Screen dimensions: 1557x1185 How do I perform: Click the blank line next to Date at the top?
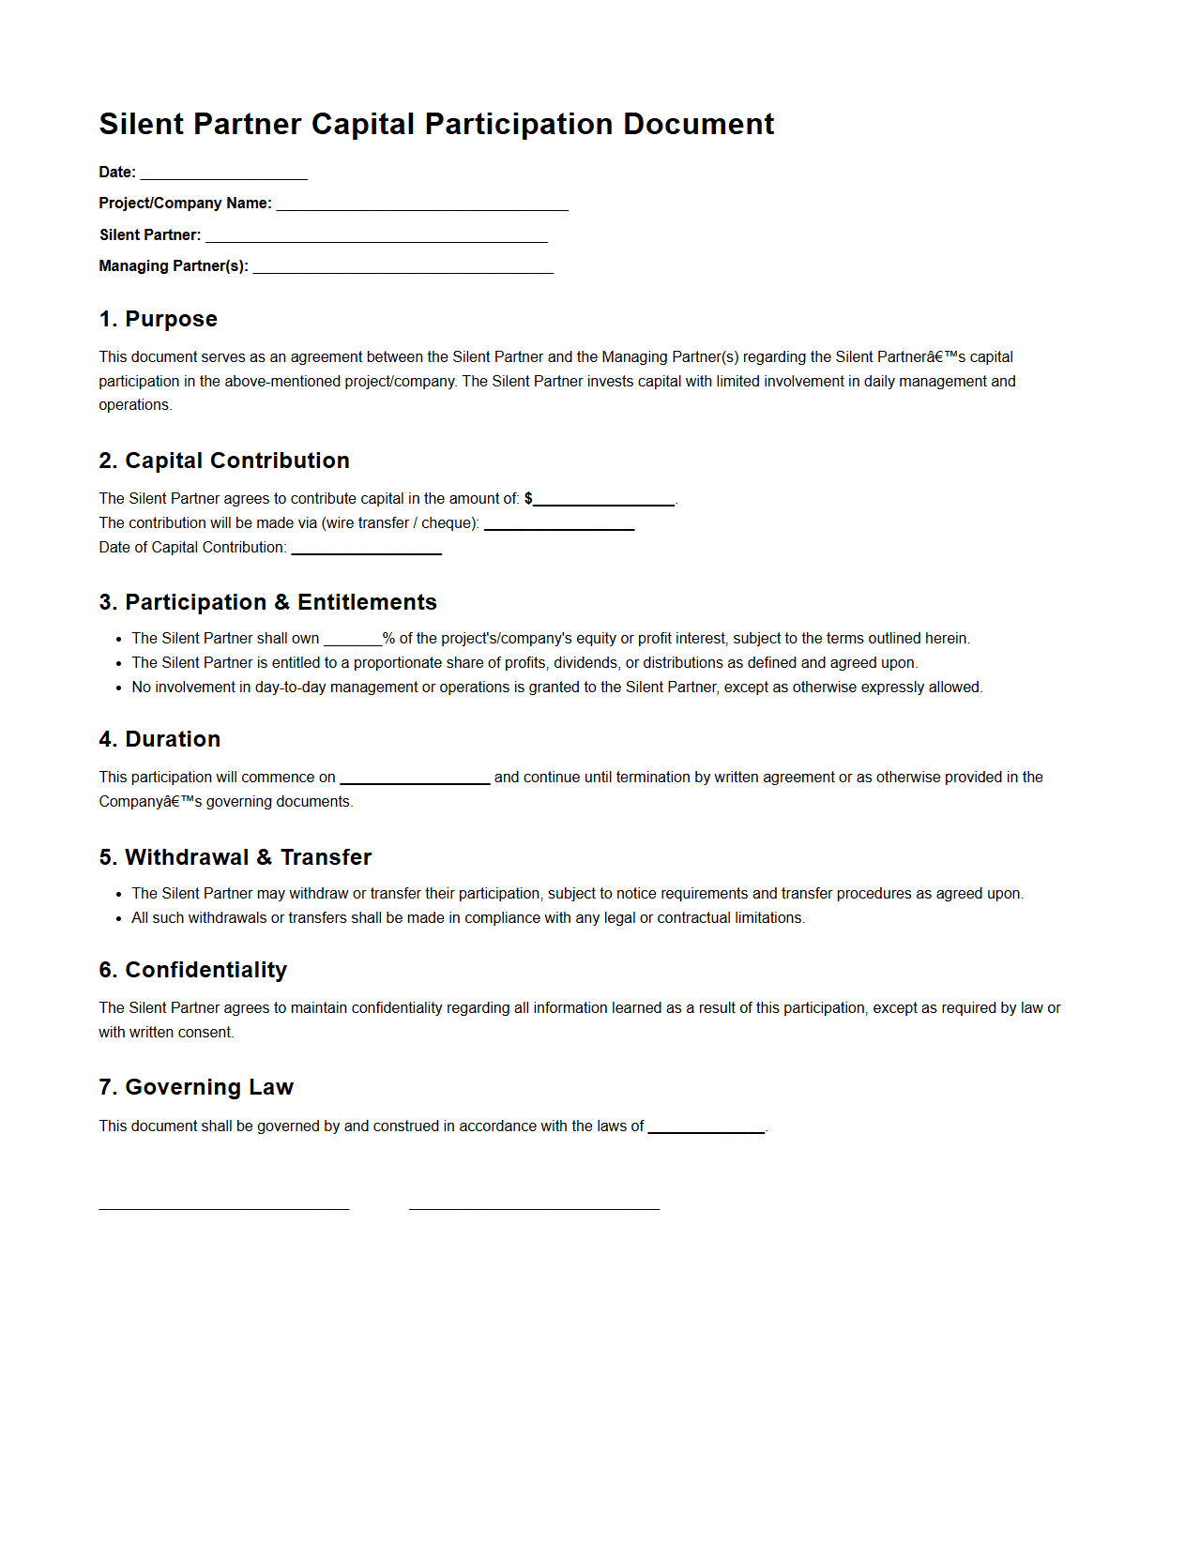[x=223, y=174]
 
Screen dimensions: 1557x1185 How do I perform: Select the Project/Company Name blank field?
[x=422, y=204]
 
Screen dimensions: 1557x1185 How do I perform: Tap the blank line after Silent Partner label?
[x=376, y=236]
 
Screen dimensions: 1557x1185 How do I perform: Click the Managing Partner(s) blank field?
[x=403, y=267]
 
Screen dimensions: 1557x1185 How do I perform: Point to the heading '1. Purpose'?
[x=158, y=319]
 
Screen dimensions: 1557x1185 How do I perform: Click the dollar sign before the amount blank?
[x=528, y=499]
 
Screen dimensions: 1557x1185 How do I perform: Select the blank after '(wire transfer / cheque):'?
[x=559, y=524]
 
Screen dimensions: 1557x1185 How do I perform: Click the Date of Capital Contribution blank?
[x=366, y=549]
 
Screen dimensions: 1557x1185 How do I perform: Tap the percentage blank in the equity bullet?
[x=353, y=640]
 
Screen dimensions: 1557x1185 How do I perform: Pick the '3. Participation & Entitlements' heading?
[x=267, y=602]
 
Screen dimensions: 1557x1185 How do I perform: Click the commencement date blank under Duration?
[x=415, y=778]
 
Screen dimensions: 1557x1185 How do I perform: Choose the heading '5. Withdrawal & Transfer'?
[x=235, y=857]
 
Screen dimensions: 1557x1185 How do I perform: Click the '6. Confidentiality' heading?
[x=192, y=970]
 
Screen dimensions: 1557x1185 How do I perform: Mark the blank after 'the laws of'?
[x=706, y=1127]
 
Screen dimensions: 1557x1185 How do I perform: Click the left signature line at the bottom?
[x=224, y=1207]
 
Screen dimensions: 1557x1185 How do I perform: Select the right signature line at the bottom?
[x=534, y=1207]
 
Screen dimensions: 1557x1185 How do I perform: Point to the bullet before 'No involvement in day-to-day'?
[x=119, y=688]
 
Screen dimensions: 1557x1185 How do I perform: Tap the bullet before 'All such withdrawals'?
[x=119, y=918]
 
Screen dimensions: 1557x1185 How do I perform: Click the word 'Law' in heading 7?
[x=271, y=1087]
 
